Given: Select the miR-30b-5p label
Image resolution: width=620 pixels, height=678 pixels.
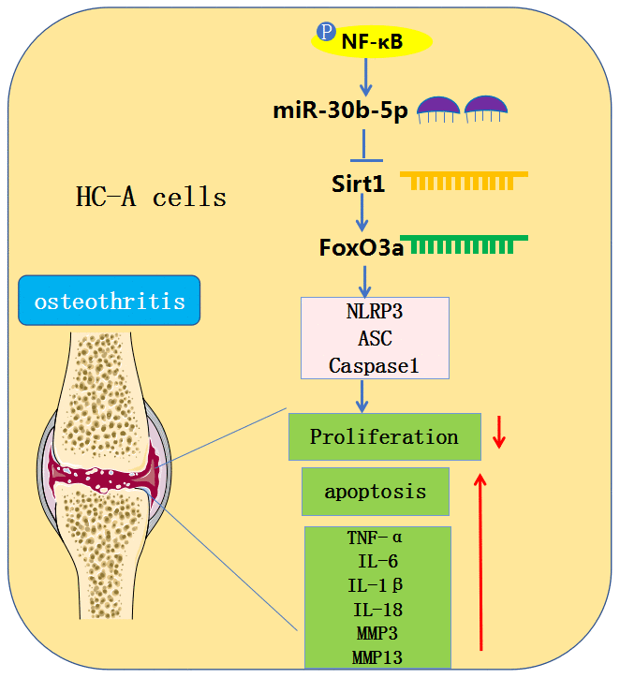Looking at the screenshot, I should (x=340, y=111).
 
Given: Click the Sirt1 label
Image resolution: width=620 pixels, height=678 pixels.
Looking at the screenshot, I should (x=358, y=184).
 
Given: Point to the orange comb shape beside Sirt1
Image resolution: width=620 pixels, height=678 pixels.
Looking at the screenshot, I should (x=464, y=181).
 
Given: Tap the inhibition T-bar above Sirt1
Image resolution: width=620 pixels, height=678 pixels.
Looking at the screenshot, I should (x=362, y=147).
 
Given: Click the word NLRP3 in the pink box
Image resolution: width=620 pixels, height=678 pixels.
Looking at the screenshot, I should (x=375, y=315).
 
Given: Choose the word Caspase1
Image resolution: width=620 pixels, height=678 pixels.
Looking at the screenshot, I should (x=375, y=364).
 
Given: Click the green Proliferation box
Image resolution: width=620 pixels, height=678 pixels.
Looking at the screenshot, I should (x=384, y=437).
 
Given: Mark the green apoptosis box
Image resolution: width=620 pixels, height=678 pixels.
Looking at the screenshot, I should (x=375, y=492).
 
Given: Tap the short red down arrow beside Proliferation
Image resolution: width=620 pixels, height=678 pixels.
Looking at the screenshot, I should (x=499, y=433).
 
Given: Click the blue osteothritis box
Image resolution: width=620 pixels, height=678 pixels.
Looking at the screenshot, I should (x=110, y=302).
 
